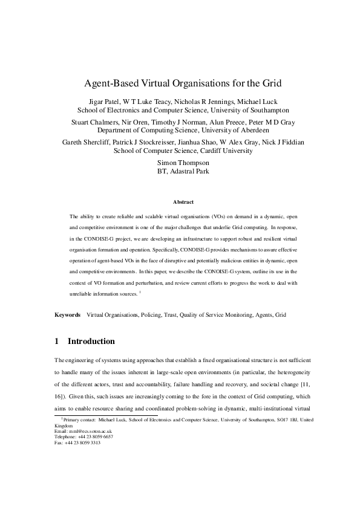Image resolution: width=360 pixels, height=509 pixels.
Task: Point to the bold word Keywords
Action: (67, 315)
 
